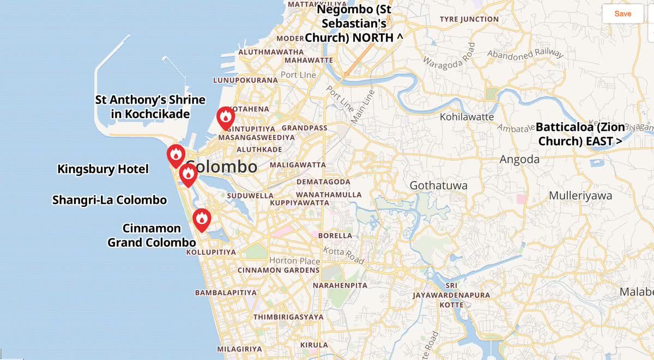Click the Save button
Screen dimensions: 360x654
622,14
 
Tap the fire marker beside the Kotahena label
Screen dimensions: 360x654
226,117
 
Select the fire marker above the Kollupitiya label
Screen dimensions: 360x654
202,219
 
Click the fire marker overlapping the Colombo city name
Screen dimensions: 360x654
188,174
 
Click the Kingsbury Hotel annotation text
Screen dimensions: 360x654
103,169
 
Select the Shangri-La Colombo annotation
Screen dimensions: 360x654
110,200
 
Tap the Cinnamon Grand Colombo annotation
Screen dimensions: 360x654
152,235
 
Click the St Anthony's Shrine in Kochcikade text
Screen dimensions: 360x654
150,107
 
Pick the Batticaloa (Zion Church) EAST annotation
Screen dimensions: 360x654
580,134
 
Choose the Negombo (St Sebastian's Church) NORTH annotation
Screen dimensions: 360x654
354,23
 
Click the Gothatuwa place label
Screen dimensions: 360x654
438,186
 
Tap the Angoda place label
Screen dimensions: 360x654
519,160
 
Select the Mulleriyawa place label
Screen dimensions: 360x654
580,196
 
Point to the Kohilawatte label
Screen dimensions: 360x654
467,117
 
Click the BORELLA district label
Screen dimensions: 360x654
335,236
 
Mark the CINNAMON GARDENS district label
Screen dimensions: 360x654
278,270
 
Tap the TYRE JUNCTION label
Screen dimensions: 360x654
469,19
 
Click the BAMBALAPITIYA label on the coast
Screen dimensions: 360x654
226,292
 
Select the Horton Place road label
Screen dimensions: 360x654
287,260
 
